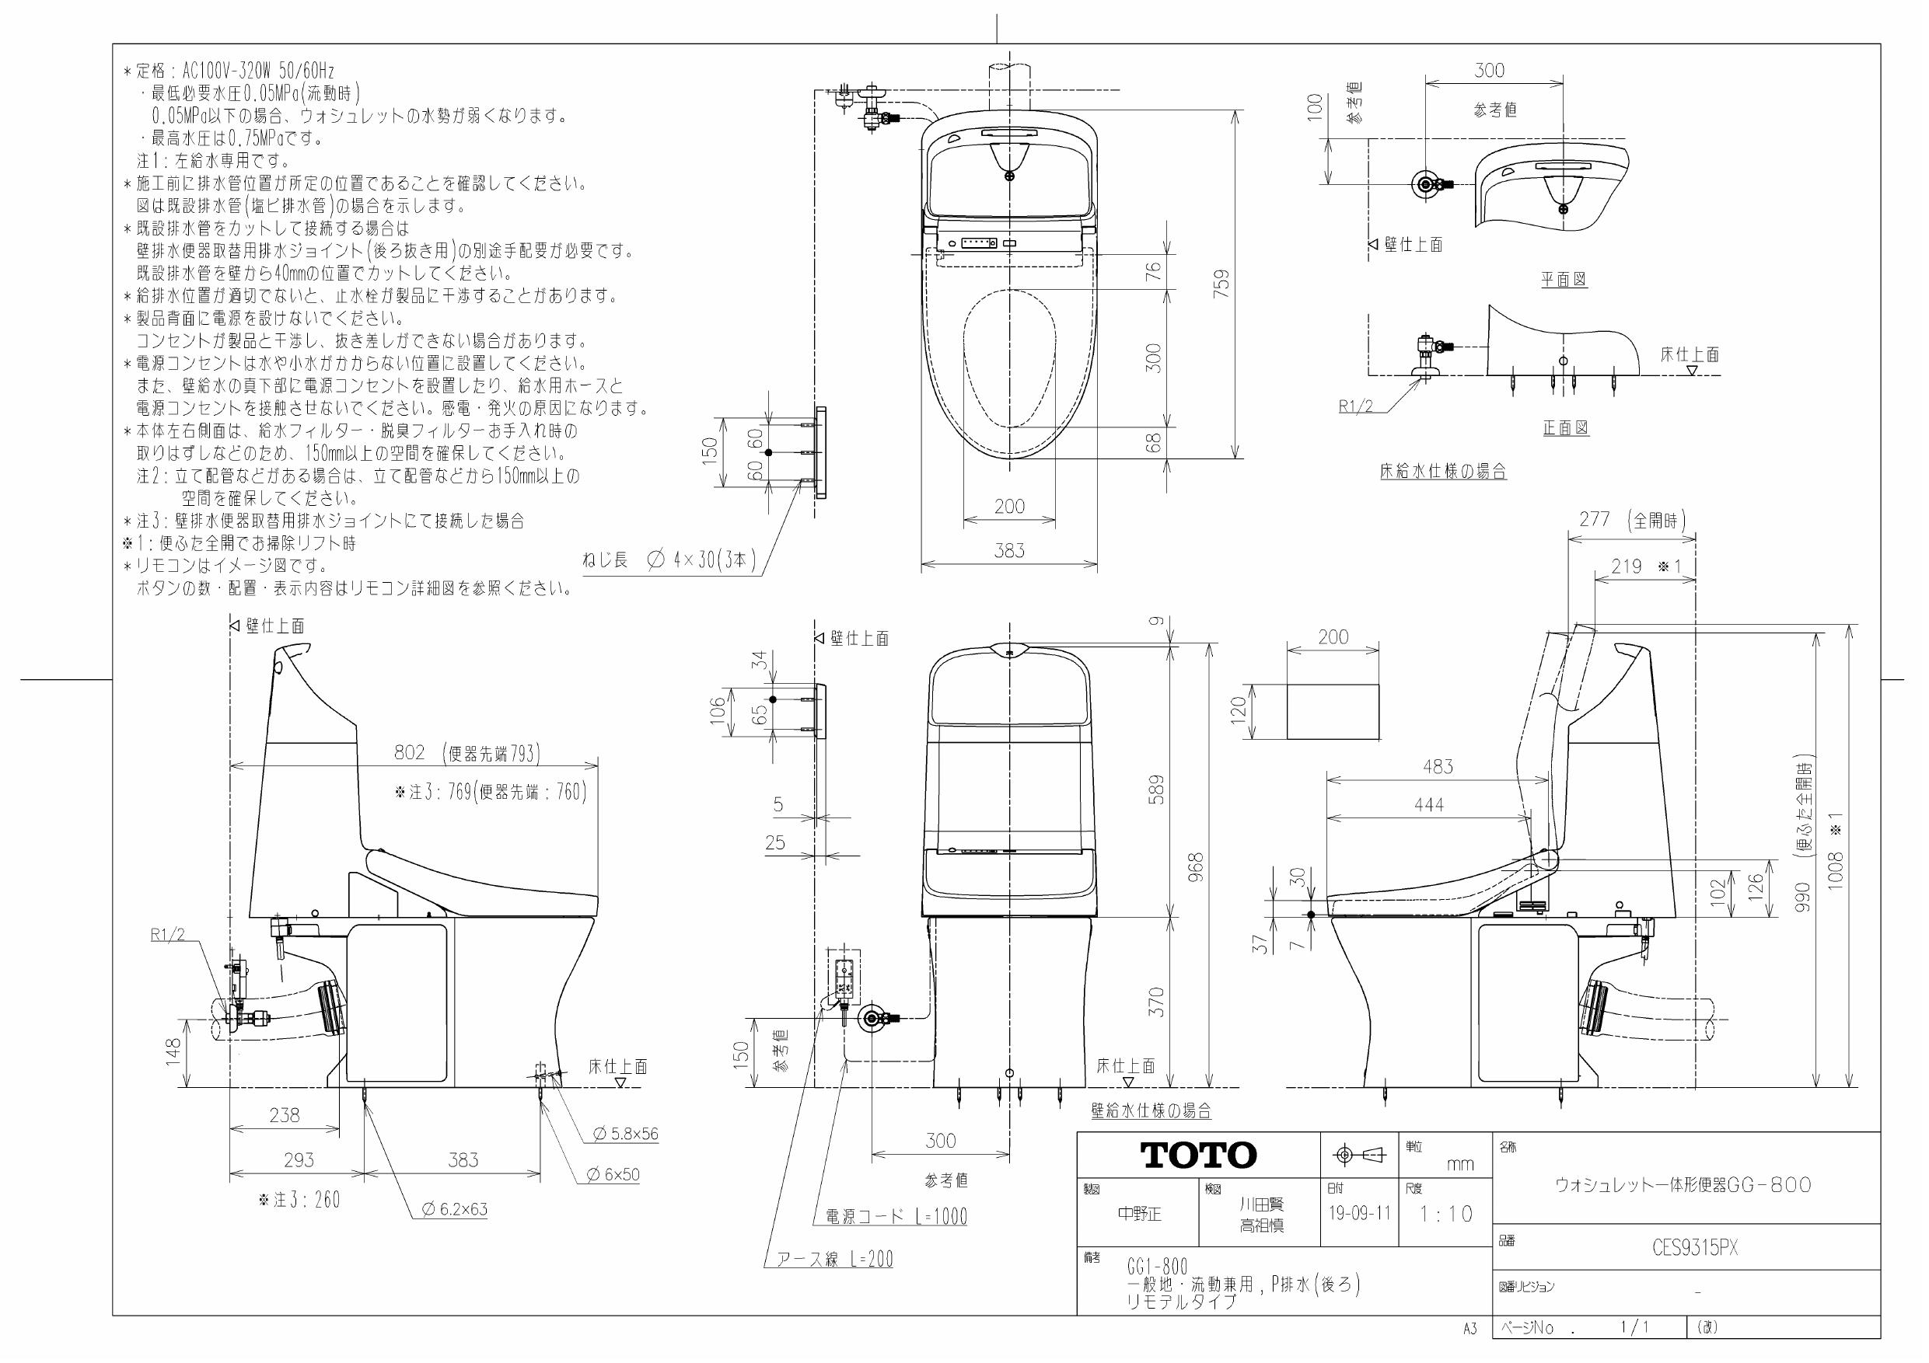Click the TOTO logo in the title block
[x=1198, y=1156]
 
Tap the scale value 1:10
[x=1446, y=1215]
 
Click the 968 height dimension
[x=1197, y=866]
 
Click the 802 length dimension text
[x=410, y=752]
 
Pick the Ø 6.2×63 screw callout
[x=455, y=1209]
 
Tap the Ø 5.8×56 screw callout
[x=625, y=1134]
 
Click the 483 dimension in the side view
[x=1438, y=767]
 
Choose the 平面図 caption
[x=1564, y=280]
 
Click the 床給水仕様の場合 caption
[x=1442, y=471]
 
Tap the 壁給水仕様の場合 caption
[x=1150, y=1111]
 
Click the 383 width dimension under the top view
[x=1009, y=551]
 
